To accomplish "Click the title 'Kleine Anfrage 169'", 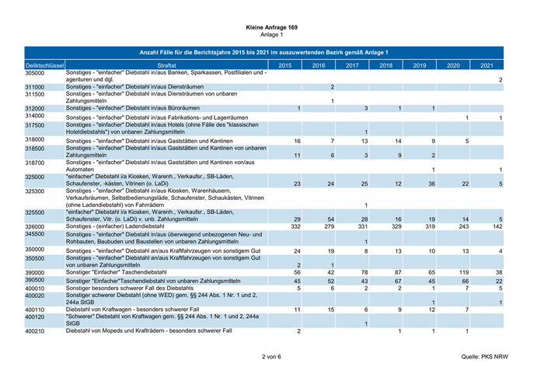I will [x=271, y=27].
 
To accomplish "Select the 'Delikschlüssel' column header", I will [x=44, y=65].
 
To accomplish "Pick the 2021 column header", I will [x=487, y=65].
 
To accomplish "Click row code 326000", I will [x=35, y=226].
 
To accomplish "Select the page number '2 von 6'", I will [x=271, y=357].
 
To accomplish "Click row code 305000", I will [x=35, y=72].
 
